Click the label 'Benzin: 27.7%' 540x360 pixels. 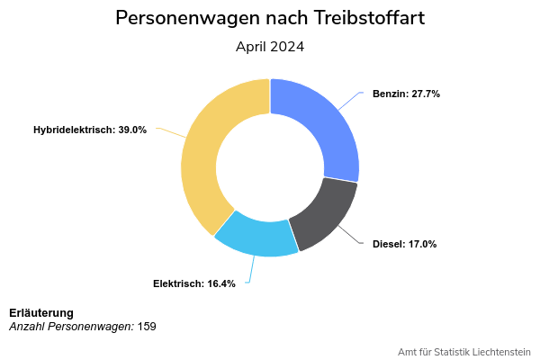coord(406,94)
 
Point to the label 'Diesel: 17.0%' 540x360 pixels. coord(404,244)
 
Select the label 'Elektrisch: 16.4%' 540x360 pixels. coord(194,283)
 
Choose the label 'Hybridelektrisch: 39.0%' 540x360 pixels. coord(90,130)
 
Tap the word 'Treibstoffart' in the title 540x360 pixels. coord(367,18)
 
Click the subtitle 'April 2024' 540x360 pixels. coord(270,47)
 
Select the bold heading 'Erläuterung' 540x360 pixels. coord(41,312)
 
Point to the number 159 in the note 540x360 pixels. coord(147,326)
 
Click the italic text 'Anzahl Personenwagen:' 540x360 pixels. coord(71,326)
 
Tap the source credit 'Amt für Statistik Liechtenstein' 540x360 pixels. coord(464,351)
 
